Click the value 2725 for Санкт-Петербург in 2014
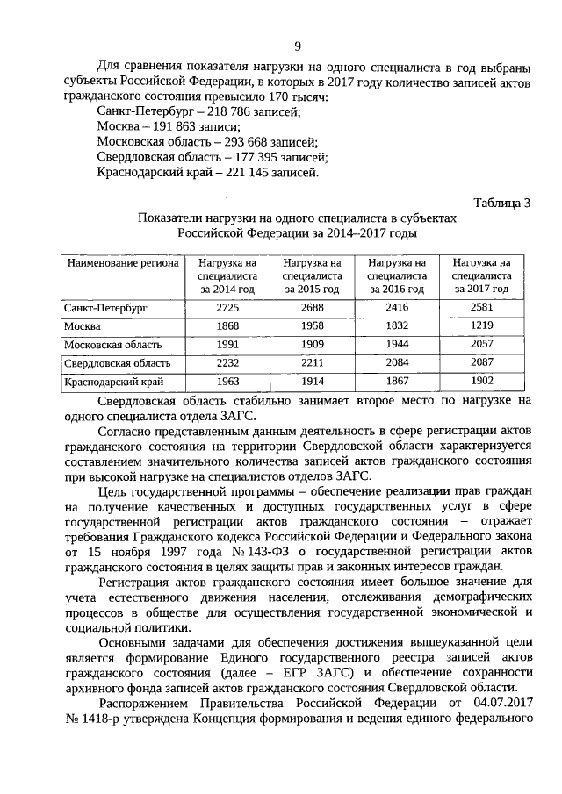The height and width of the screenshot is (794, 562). click(227, 308)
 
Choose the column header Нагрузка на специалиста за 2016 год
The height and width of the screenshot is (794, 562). click(396, 275)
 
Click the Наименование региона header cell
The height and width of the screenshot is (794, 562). click(122, 262)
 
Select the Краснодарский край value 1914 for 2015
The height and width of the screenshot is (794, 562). click(312, 381)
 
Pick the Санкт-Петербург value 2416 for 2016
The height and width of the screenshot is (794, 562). click(396, 308)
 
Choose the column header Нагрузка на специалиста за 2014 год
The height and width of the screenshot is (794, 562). click(227, 275)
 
